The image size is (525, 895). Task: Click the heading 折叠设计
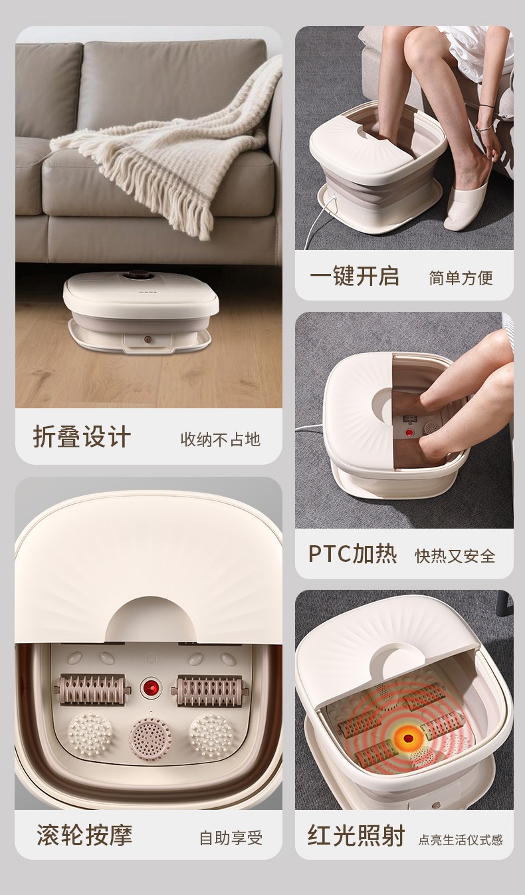coord(82,437)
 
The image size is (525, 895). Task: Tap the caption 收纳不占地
coord(221,440)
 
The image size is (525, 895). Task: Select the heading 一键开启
coord(354,276)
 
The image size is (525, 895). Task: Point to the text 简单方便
coord(461,278)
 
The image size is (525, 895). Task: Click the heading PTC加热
coord(352,554)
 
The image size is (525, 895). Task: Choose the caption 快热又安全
coord(455,556)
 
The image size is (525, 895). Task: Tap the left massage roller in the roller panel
coord(92,689)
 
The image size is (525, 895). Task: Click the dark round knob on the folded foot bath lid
coord(138,275)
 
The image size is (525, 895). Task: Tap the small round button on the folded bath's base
coord(148,340)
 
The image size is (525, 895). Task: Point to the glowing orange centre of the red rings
coord(408,737)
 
